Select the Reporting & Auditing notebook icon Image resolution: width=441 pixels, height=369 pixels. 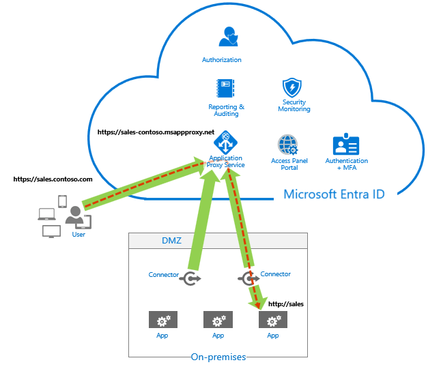pos(225,89)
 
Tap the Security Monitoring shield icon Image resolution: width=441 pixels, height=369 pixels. pos(292,87)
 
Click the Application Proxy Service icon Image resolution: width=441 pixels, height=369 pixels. pos(226,143)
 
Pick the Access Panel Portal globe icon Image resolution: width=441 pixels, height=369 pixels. pos(287,145)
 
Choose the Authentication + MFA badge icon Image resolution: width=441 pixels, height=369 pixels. pos(346,145)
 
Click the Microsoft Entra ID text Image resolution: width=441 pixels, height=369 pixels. pos(334,194)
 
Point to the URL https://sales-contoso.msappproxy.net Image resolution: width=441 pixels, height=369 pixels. pos(156,132)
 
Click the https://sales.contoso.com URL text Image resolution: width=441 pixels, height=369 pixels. pos(53,179)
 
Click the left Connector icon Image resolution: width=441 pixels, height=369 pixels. pos(190,278)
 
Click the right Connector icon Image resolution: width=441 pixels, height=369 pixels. pos(248,278)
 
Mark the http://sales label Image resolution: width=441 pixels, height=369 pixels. pos(285,304)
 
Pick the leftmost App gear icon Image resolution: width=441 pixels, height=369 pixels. pos(163,320)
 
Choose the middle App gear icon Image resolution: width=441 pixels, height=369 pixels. pos(218,320)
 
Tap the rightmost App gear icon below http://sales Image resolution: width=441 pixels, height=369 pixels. pos(272,320)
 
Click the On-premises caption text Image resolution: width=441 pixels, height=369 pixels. pos(218,357)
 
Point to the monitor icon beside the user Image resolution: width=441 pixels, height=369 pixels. pos(51,231)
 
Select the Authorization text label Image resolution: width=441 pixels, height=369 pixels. pos(221,60)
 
